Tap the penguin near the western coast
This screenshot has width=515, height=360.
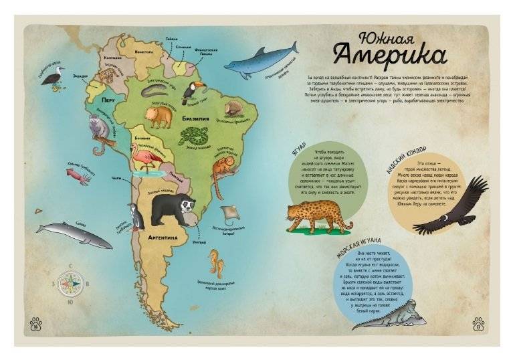coord(136,217)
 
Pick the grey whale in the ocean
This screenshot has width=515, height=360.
coord(74,234)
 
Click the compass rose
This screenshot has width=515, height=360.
coord(69,283)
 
